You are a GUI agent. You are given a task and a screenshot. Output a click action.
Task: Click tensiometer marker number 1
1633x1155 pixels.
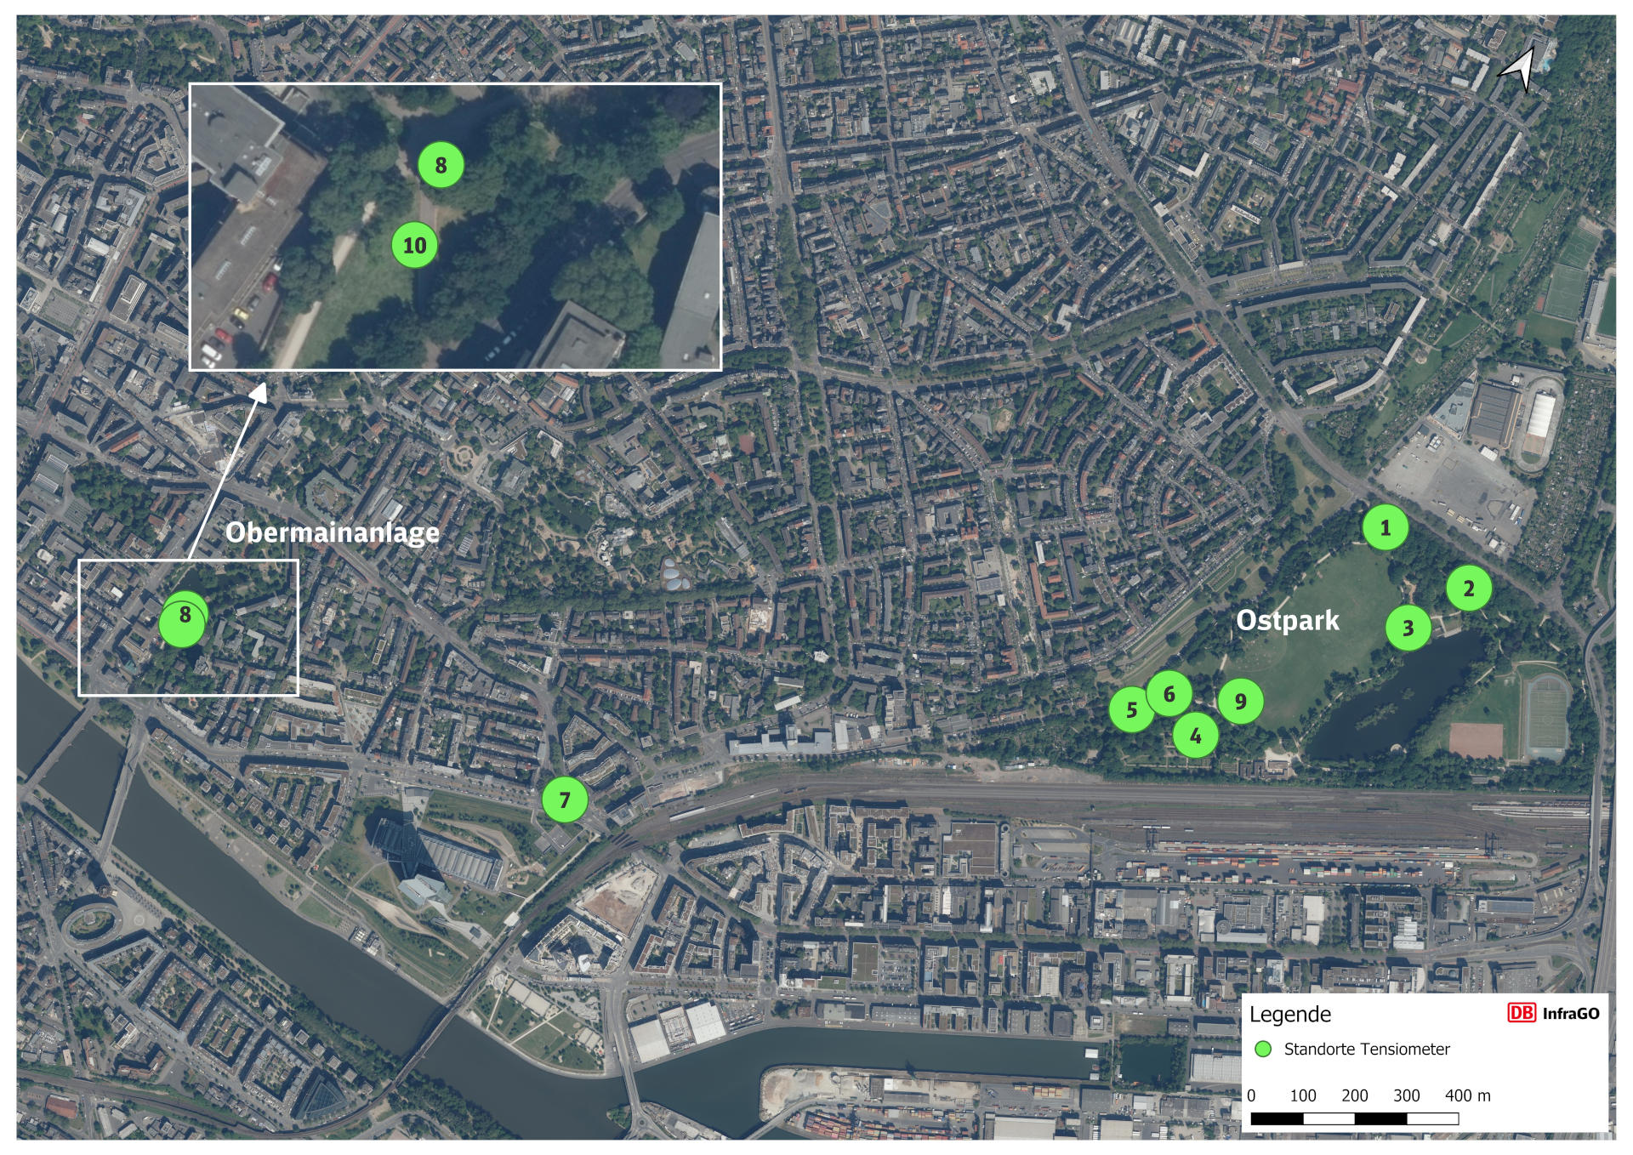pos(1385,528)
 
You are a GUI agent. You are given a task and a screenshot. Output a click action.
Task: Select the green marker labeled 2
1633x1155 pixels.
pos(1469,588)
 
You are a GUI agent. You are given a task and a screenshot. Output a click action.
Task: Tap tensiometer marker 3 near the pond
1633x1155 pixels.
pos(1408,628)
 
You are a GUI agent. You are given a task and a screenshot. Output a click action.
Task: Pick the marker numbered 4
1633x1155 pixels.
pos(1195,736)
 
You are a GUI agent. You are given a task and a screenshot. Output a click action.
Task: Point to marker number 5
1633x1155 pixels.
pos(1131,709)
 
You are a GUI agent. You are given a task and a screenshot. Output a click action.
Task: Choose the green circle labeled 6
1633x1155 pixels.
pos(1169,694)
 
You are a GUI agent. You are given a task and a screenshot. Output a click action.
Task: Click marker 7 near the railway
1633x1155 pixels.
pos(565,799)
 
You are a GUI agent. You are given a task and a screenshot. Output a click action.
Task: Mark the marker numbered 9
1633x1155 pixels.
pos(1240,702)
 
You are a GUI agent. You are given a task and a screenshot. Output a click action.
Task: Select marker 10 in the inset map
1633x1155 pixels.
pos(414,245)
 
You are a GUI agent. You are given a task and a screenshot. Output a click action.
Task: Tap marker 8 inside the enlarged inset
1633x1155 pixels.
pos(441,165)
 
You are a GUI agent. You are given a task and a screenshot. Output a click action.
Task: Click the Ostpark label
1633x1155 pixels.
pos(1287,621)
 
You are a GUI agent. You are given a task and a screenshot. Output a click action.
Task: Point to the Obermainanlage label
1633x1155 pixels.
pos(333,532)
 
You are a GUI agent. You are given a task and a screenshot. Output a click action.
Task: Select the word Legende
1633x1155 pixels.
pos(1289,1014)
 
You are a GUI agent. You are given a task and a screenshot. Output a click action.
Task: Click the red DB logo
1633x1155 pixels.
pos(1521,1013)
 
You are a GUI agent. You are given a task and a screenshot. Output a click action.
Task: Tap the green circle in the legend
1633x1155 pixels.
pos(1263,1049)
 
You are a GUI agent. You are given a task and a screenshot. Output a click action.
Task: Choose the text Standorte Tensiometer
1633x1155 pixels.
pos(1366,1049)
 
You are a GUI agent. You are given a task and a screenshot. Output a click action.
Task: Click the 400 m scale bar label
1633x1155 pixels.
pos(1467,1095)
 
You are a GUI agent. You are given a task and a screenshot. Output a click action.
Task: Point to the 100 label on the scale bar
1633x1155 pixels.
pos(1302,1095)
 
